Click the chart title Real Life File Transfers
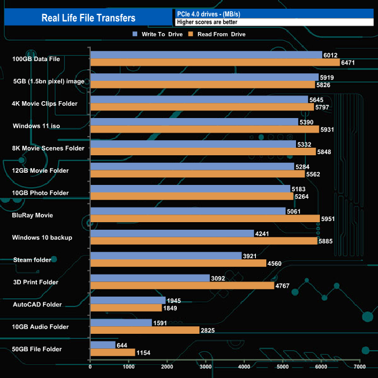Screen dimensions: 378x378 click(x=88, y=18)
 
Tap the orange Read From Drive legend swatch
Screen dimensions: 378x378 click(x=190, y=34)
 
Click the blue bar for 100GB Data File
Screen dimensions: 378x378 click(x=206, y=55)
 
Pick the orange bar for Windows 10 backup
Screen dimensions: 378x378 click(x=204, y=241)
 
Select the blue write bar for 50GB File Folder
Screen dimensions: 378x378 click(x=102, y=345)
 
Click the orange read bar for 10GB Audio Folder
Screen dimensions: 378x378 click(x=144, y=330)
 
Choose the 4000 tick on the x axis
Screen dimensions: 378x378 click(x=244, y=367)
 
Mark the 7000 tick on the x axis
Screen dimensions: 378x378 click(x=359, y=367)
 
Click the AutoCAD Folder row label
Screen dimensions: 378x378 click(x=37, y=304)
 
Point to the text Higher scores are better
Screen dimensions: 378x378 click(x=207, y=22)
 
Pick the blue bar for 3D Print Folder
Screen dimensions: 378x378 click(x=149, y=278)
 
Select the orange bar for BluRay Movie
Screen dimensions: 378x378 click(x=205, y=219)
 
